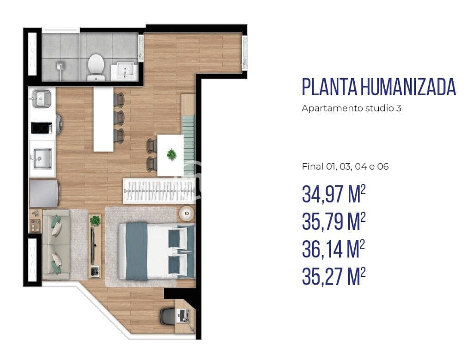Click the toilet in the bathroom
[x=96, y=64]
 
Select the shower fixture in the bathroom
[x=61, y=69]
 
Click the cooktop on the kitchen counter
[x=41, y=127]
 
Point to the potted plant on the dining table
[x=171, y=154]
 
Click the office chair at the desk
[x=167, y=317]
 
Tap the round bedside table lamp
[x=187, y=213]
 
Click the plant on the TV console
[x=95, y=220]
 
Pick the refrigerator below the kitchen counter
[x=44, y=194]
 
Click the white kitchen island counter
[x=103, y=119]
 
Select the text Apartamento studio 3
[x=351, y=109]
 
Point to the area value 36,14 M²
[x=333, y=250]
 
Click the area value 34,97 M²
[x=333, y=195]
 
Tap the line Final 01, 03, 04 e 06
[x=345, y=167]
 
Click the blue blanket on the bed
[x=137, y=251]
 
